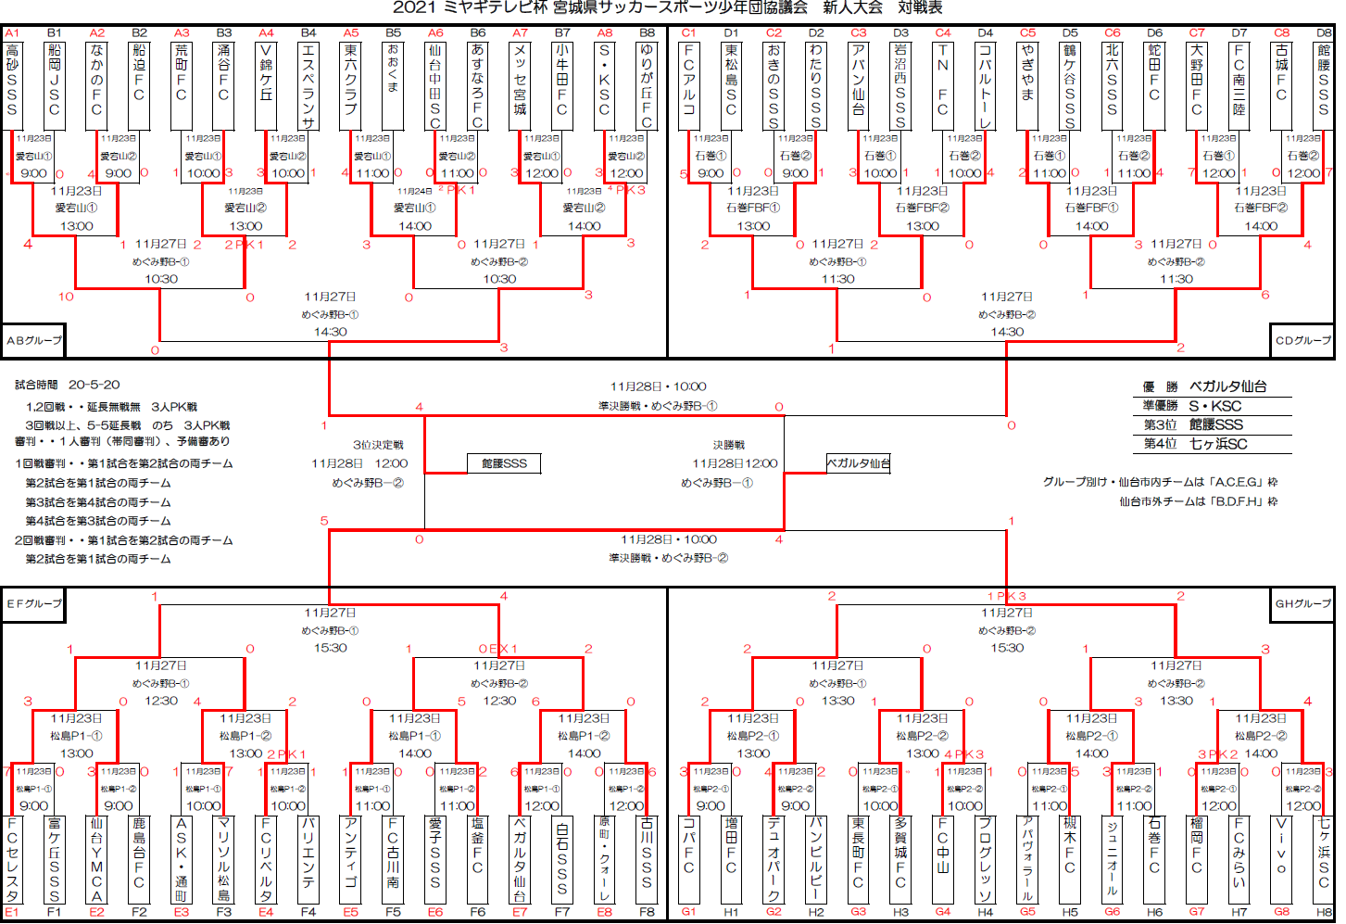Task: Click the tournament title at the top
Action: click(667, 8)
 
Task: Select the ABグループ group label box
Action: click(34, 340)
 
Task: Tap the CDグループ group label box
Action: click(1302, 340)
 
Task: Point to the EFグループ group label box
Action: click(34, 603)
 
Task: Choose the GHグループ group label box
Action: click(1302, 603)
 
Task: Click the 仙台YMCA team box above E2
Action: click(96, 859)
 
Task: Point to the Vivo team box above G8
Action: click(1282, 859)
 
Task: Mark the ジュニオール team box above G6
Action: click(1113, 859)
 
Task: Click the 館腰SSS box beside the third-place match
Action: click(504, 463)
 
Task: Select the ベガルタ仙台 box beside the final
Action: click(858, 463)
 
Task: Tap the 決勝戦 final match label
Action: click(729, 445)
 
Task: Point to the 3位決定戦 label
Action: click(378, 445)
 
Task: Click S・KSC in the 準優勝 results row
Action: click(1214, 406)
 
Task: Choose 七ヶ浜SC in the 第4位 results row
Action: click(1218, 444)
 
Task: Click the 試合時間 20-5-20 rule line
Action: click(68, 385)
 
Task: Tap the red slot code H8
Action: click(1325, 913)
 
